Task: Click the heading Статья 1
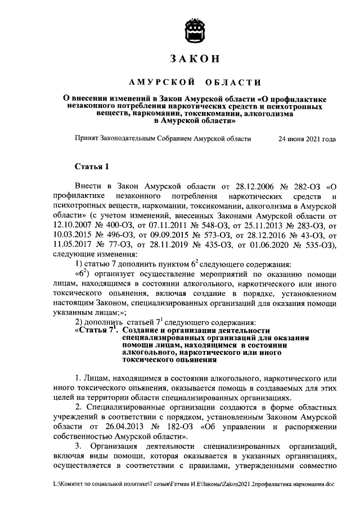90,167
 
